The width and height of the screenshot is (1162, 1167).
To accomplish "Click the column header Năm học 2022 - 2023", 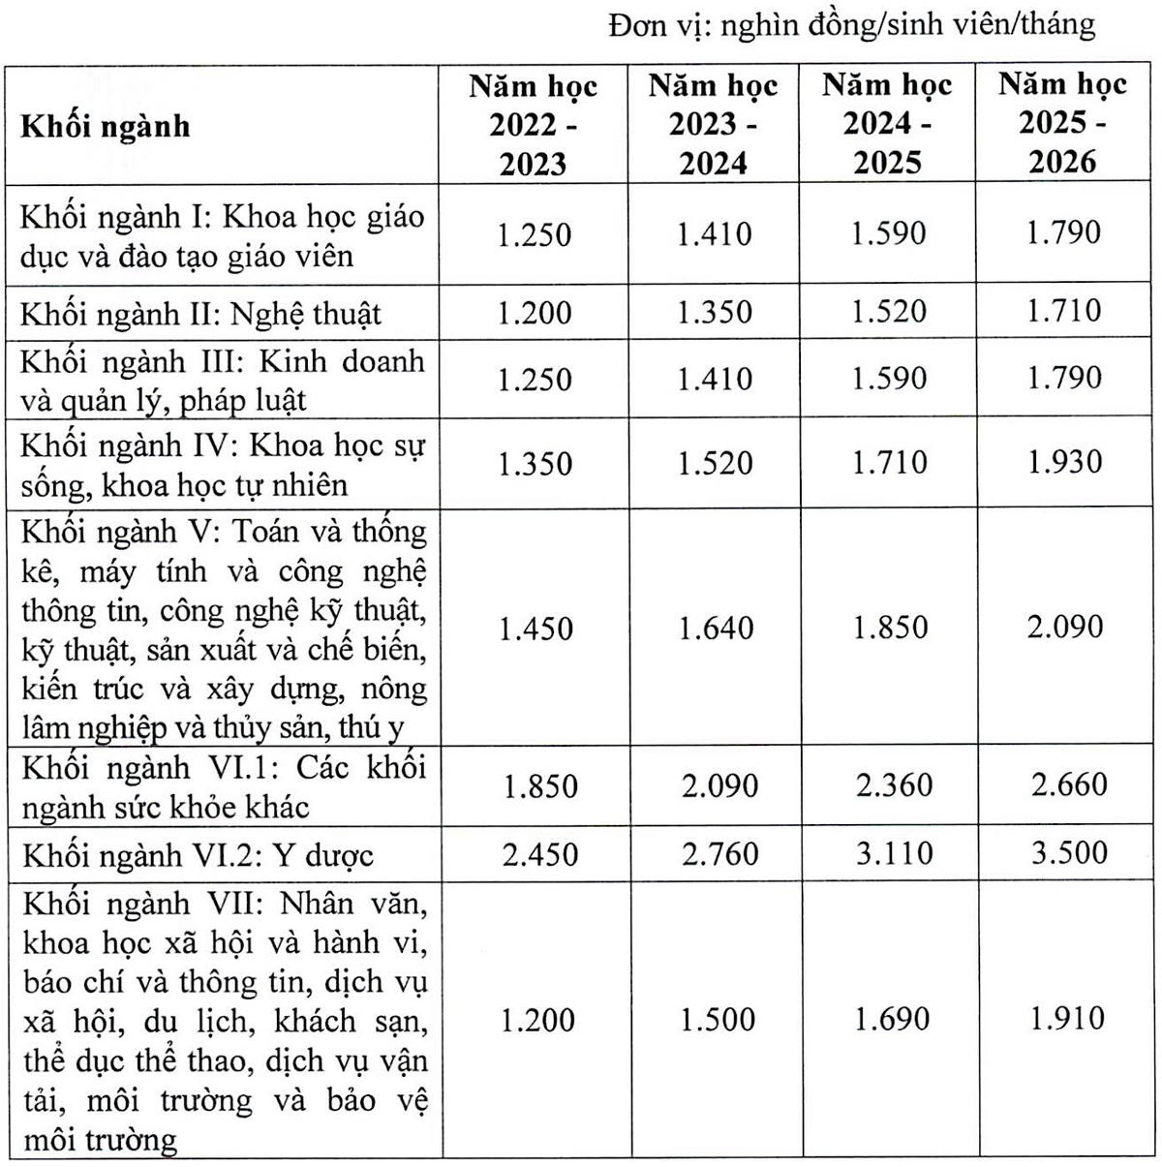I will click(x=534, y=125).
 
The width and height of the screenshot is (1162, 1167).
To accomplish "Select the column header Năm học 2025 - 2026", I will click(x=1062, y=123).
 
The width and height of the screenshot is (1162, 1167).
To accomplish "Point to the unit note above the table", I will click(x=851, y=24).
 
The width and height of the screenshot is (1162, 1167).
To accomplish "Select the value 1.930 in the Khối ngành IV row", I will click(x=1064, y=461).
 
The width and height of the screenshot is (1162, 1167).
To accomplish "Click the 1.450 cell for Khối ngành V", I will click(x=535, y=629).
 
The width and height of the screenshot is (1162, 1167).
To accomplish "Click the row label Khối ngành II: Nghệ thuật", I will click(x=201, y=313).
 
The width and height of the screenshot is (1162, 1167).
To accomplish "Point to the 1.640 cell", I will click(x=716, y=629).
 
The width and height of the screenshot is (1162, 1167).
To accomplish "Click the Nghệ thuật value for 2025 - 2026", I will click(x=1064, y=311).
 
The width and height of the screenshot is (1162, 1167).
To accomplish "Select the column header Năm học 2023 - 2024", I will click(x=714, y=125).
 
